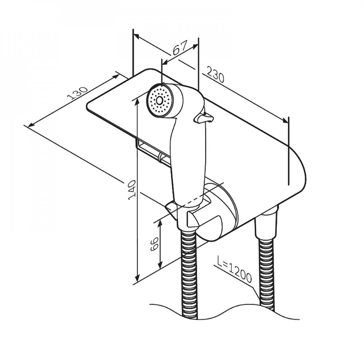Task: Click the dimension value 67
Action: [180, 48]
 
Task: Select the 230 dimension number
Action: [215, 75]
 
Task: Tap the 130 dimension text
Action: [77, 93]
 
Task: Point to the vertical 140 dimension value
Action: [132, 189]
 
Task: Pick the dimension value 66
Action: [154, 244]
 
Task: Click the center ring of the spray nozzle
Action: [159, 100]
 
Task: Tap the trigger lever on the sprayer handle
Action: [203, 118]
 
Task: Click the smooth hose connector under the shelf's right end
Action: [266, 223]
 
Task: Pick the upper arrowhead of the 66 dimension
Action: [160, 224]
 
